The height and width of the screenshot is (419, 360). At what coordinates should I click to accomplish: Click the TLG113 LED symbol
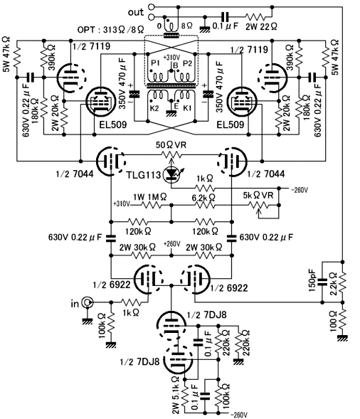(x=171, y=174)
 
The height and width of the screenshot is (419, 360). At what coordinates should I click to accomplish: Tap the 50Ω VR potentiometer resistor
(x=171, y=154)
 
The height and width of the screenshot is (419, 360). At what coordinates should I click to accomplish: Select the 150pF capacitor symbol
(x=322, y=282)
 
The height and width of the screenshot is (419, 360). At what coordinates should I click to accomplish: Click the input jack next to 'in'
(x=87, y=302)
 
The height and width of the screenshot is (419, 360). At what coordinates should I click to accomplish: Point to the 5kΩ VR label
(x=258, y=196)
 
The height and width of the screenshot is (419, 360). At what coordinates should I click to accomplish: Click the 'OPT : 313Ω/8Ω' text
(x=111, y=30)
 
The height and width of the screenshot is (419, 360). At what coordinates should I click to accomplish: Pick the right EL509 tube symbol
(x=241, y=102)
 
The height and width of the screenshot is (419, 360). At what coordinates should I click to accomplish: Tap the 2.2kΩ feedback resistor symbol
(x=343, y=282)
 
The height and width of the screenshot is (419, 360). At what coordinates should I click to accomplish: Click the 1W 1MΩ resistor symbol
(x=152, y=205)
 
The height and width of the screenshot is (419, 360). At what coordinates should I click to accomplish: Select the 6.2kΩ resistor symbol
(x=205, y=205)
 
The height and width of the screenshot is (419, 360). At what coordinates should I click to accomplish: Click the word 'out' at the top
(x=136, y=12)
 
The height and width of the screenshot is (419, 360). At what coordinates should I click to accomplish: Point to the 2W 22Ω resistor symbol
(x=255, y=17)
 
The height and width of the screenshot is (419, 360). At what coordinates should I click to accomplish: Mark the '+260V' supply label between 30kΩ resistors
(x=172, y=244)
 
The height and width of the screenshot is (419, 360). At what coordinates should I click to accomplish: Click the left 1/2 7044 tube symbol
(x=111, y=161)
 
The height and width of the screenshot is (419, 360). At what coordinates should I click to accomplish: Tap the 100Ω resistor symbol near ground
(x=343, y=319)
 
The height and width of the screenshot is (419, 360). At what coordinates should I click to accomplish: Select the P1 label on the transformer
(x=155, y=63)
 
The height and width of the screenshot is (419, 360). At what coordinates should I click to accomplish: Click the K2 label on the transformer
(x=154, y=108)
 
